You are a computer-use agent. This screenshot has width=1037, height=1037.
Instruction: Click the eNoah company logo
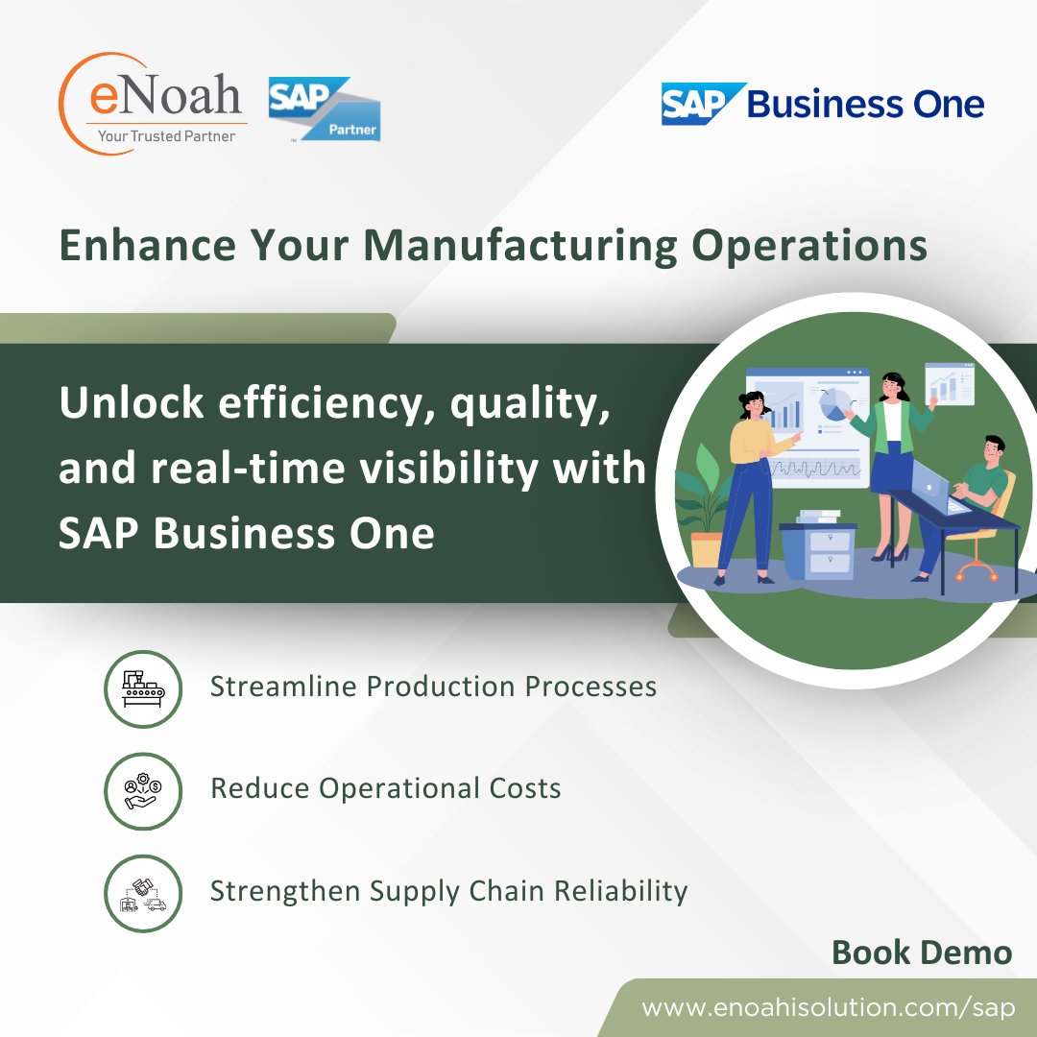tap(154, 102)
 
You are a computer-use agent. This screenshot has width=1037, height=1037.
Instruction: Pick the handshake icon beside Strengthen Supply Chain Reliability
tap(143, 893)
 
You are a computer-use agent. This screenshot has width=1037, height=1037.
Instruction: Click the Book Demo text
tap(921, 953)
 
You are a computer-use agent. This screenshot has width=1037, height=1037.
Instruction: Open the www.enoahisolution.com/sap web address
tap(828, 1008)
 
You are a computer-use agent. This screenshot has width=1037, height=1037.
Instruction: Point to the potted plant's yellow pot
tap(706, 549)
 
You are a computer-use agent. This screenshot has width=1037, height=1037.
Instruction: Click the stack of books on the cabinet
tap(818, 517)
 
